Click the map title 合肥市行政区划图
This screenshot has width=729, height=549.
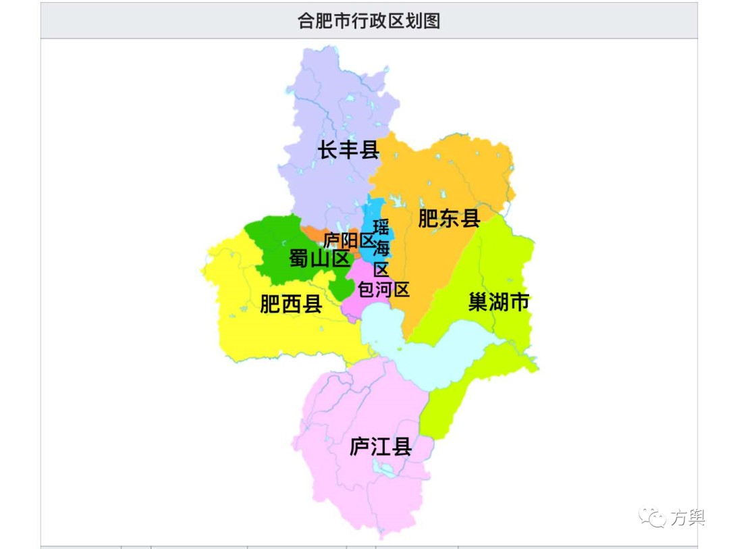(369, 21)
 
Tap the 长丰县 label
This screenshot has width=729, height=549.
(349, 150)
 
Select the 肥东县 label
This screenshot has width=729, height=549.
(449, 218)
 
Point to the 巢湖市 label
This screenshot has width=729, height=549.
(499, 302)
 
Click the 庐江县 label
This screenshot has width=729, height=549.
(381, 446)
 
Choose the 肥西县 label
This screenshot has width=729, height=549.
(291, 305)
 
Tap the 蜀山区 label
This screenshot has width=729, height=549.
(319, 258)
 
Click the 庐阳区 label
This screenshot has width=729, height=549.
(348, 240)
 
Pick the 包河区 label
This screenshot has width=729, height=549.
(383, 290)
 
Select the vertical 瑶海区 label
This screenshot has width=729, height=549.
(381, 248)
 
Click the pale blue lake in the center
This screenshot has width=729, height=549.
(432, 348)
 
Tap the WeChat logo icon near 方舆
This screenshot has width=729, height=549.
(653, 517)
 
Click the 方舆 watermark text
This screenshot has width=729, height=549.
(687, 518)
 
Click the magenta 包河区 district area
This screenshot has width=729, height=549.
(354, 307)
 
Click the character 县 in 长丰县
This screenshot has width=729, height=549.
(369, 150)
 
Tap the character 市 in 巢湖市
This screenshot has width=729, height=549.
(519, 302)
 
